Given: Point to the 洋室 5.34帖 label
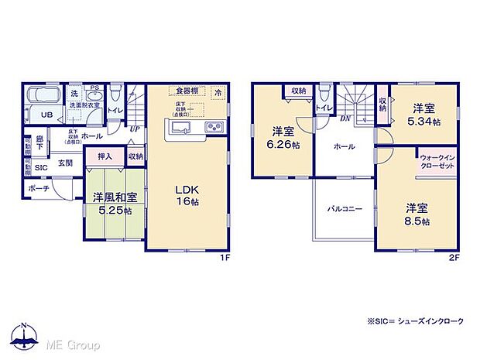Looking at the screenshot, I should click(x=425, y=115).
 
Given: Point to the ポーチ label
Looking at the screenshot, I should click(x=39, y=188).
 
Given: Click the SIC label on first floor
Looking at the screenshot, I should click(x=41, y=166).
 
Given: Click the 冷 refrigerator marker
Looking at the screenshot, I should click(x=218, y=93).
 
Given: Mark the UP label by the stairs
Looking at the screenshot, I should click(x=135, y=129).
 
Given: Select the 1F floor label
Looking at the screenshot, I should click(x=222, y=256).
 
